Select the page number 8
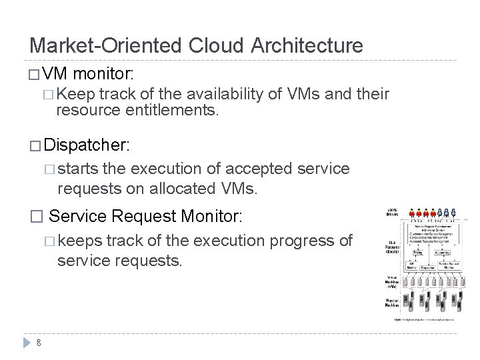[39, 343]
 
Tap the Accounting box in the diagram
[441, 253]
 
